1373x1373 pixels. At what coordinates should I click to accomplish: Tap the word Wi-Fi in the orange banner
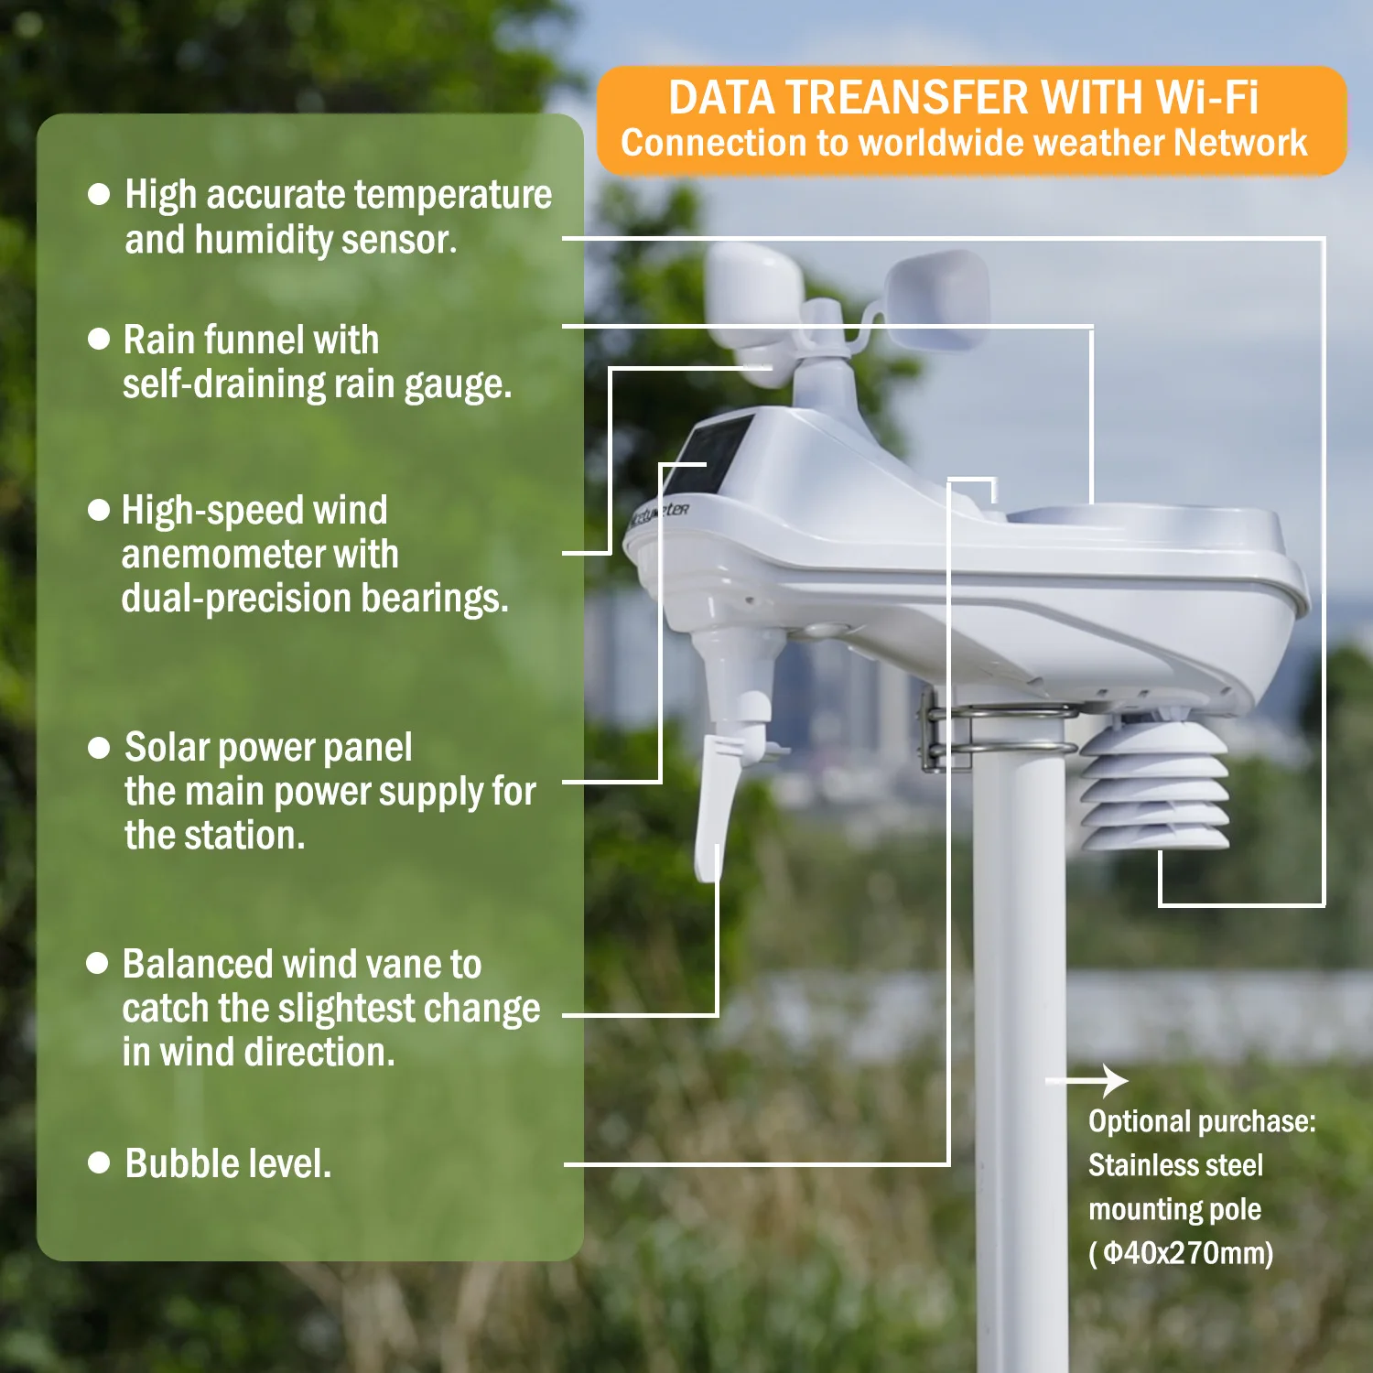point(1206,99)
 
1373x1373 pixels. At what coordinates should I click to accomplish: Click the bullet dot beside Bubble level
point(99,1162)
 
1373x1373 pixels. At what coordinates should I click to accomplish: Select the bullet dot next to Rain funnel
point(99,339)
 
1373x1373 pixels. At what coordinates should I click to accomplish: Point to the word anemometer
point(260,555)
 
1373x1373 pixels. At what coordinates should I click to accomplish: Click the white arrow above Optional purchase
point(1089,1081)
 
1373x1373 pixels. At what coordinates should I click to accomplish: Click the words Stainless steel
point(1175,1165)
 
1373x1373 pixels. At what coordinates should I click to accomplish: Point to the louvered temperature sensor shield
point(1155,787)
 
